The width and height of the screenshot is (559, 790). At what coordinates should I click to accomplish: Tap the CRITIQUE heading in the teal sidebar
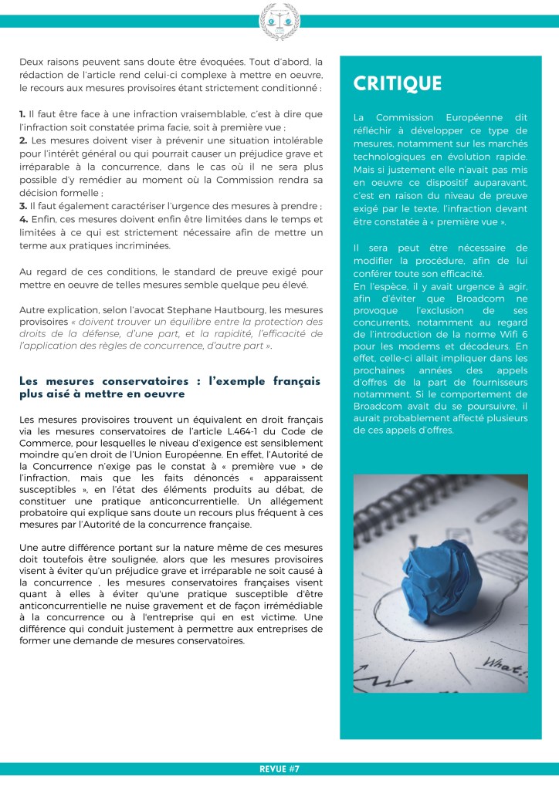[398, 83]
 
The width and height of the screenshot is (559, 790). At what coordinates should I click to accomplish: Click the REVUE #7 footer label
[279, 768]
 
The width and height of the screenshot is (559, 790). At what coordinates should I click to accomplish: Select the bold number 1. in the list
[23, 114]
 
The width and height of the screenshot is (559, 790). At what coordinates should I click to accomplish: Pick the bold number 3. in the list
[23, 207]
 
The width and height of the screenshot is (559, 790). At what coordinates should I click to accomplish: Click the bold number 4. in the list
[23, 220]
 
